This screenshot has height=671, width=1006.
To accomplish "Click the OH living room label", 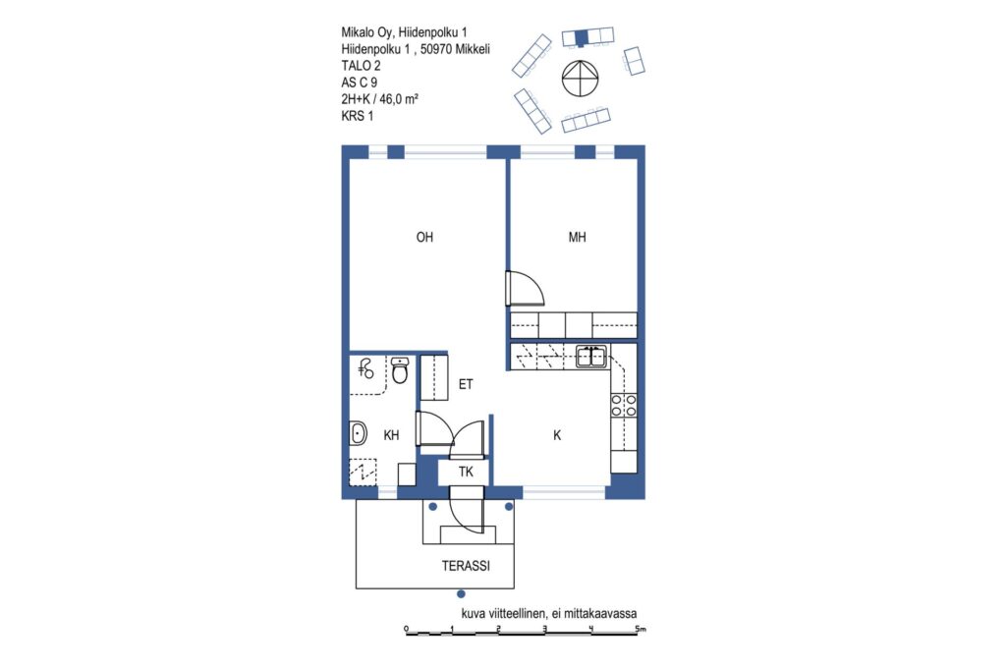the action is [x=424, y=238].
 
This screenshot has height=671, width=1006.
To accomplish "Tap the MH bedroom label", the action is [x=577, y=238].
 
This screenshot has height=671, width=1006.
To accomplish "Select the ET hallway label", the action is [x=466, y=384].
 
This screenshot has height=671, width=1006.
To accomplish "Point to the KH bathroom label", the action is [x=391, y=435].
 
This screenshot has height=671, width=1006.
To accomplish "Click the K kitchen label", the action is [x=557, y=435].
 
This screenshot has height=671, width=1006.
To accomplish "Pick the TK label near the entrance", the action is [x=466, y=473].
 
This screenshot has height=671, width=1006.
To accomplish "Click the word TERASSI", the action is [x=466, y=566].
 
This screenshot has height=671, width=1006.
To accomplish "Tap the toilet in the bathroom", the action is [x=400, y=370].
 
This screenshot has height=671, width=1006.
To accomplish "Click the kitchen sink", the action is [x=590, y=356].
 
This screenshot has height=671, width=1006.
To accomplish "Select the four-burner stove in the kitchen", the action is [x=624, y=405].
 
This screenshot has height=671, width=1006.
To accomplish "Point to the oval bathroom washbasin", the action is [x=358, y=433].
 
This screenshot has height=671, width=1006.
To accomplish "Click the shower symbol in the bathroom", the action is [x=365, y=368].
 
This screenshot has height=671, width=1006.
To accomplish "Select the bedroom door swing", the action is [x=525, y=289].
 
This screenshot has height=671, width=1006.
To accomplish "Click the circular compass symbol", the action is [x=580, y=79].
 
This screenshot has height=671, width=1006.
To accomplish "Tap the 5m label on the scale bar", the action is [x=641, y=628].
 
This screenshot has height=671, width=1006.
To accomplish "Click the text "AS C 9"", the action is [x=360, y=83].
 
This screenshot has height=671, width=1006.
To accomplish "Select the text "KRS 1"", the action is [x=358, y=116].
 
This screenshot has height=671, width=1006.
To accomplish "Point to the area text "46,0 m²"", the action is [x=399, y=99].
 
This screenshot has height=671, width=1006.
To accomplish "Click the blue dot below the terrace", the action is [x=461, y=594].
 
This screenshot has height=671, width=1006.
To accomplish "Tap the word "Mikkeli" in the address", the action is [x=473, y=49].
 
